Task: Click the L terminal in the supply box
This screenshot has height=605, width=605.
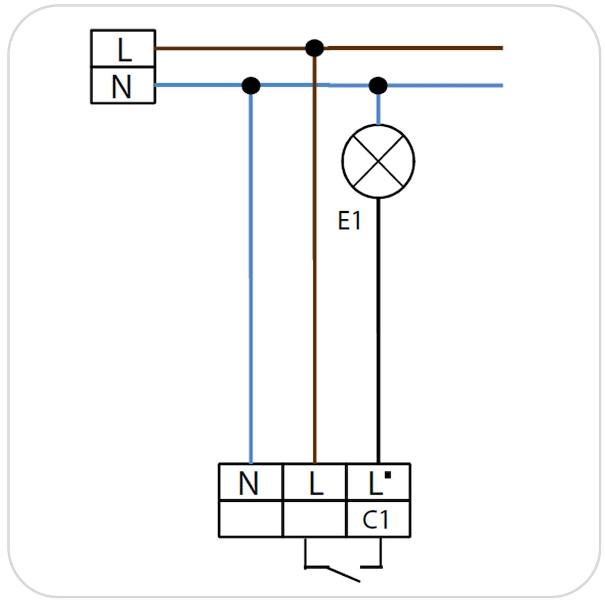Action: tap(123, 49)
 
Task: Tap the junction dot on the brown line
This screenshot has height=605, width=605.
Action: tap(314, 48)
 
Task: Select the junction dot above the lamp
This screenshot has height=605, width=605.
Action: tap(378, 86)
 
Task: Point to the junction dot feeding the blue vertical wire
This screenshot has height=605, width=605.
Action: tap(251, 86)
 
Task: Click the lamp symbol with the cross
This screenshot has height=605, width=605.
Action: tap(378, 161)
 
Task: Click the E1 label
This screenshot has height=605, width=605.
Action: tap(349, 220)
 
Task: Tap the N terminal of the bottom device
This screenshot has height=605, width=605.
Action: tap(251, 481)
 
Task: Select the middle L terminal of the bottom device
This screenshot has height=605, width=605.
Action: tap(315, 481)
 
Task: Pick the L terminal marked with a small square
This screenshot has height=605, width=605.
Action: tap(378, 481)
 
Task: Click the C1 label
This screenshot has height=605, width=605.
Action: tap(375, 519)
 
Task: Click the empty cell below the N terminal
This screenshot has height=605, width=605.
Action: tap(251, 519)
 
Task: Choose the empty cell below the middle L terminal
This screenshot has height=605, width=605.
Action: tap(315, 519)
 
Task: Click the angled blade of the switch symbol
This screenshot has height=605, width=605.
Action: tap(344, 574)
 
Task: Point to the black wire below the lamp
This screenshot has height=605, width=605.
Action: tap(378, 331)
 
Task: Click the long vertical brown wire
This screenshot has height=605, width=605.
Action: tap(314, 260)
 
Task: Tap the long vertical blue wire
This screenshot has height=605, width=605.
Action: tap(251, 279)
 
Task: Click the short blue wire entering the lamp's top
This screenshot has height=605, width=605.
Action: tap(378, 109)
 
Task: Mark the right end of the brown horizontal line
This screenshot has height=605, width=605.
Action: tap(502, 48)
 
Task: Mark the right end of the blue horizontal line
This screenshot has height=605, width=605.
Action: tap(502, 86)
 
